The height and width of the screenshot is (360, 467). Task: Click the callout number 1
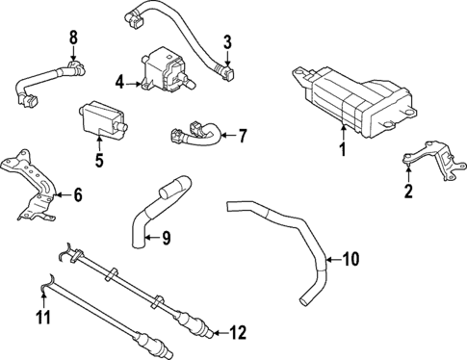point(341,149)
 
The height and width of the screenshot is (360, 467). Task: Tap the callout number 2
point(408,192)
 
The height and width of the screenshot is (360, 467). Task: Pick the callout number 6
point(78,194)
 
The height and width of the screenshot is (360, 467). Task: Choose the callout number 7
point(242,135)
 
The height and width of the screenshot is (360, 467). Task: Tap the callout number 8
point(73,38)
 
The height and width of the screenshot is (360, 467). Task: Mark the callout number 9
point(166,236)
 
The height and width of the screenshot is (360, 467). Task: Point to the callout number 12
point(238,333)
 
